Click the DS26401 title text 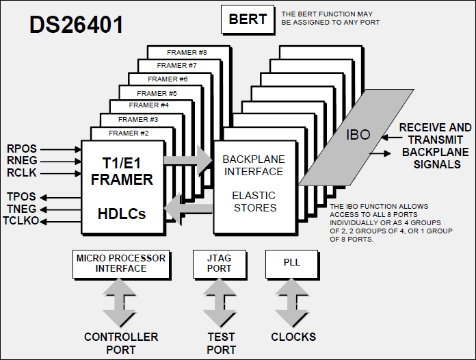click(x=76, y=25)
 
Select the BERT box click(x=247, y=19)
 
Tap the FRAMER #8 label click(x=187, y=52)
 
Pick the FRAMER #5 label click(x=157, y=93)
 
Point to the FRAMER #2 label click(x=129, y=133)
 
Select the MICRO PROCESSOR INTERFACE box click(x=121, y=263)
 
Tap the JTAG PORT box click(x=220, y=263)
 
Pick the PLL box click(x=291, y=263)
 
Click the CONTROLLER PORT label click(x=121, y=343)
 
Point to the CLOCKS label click(x=293, y=337)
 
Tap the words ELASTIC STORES click(x=254, y=201)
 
